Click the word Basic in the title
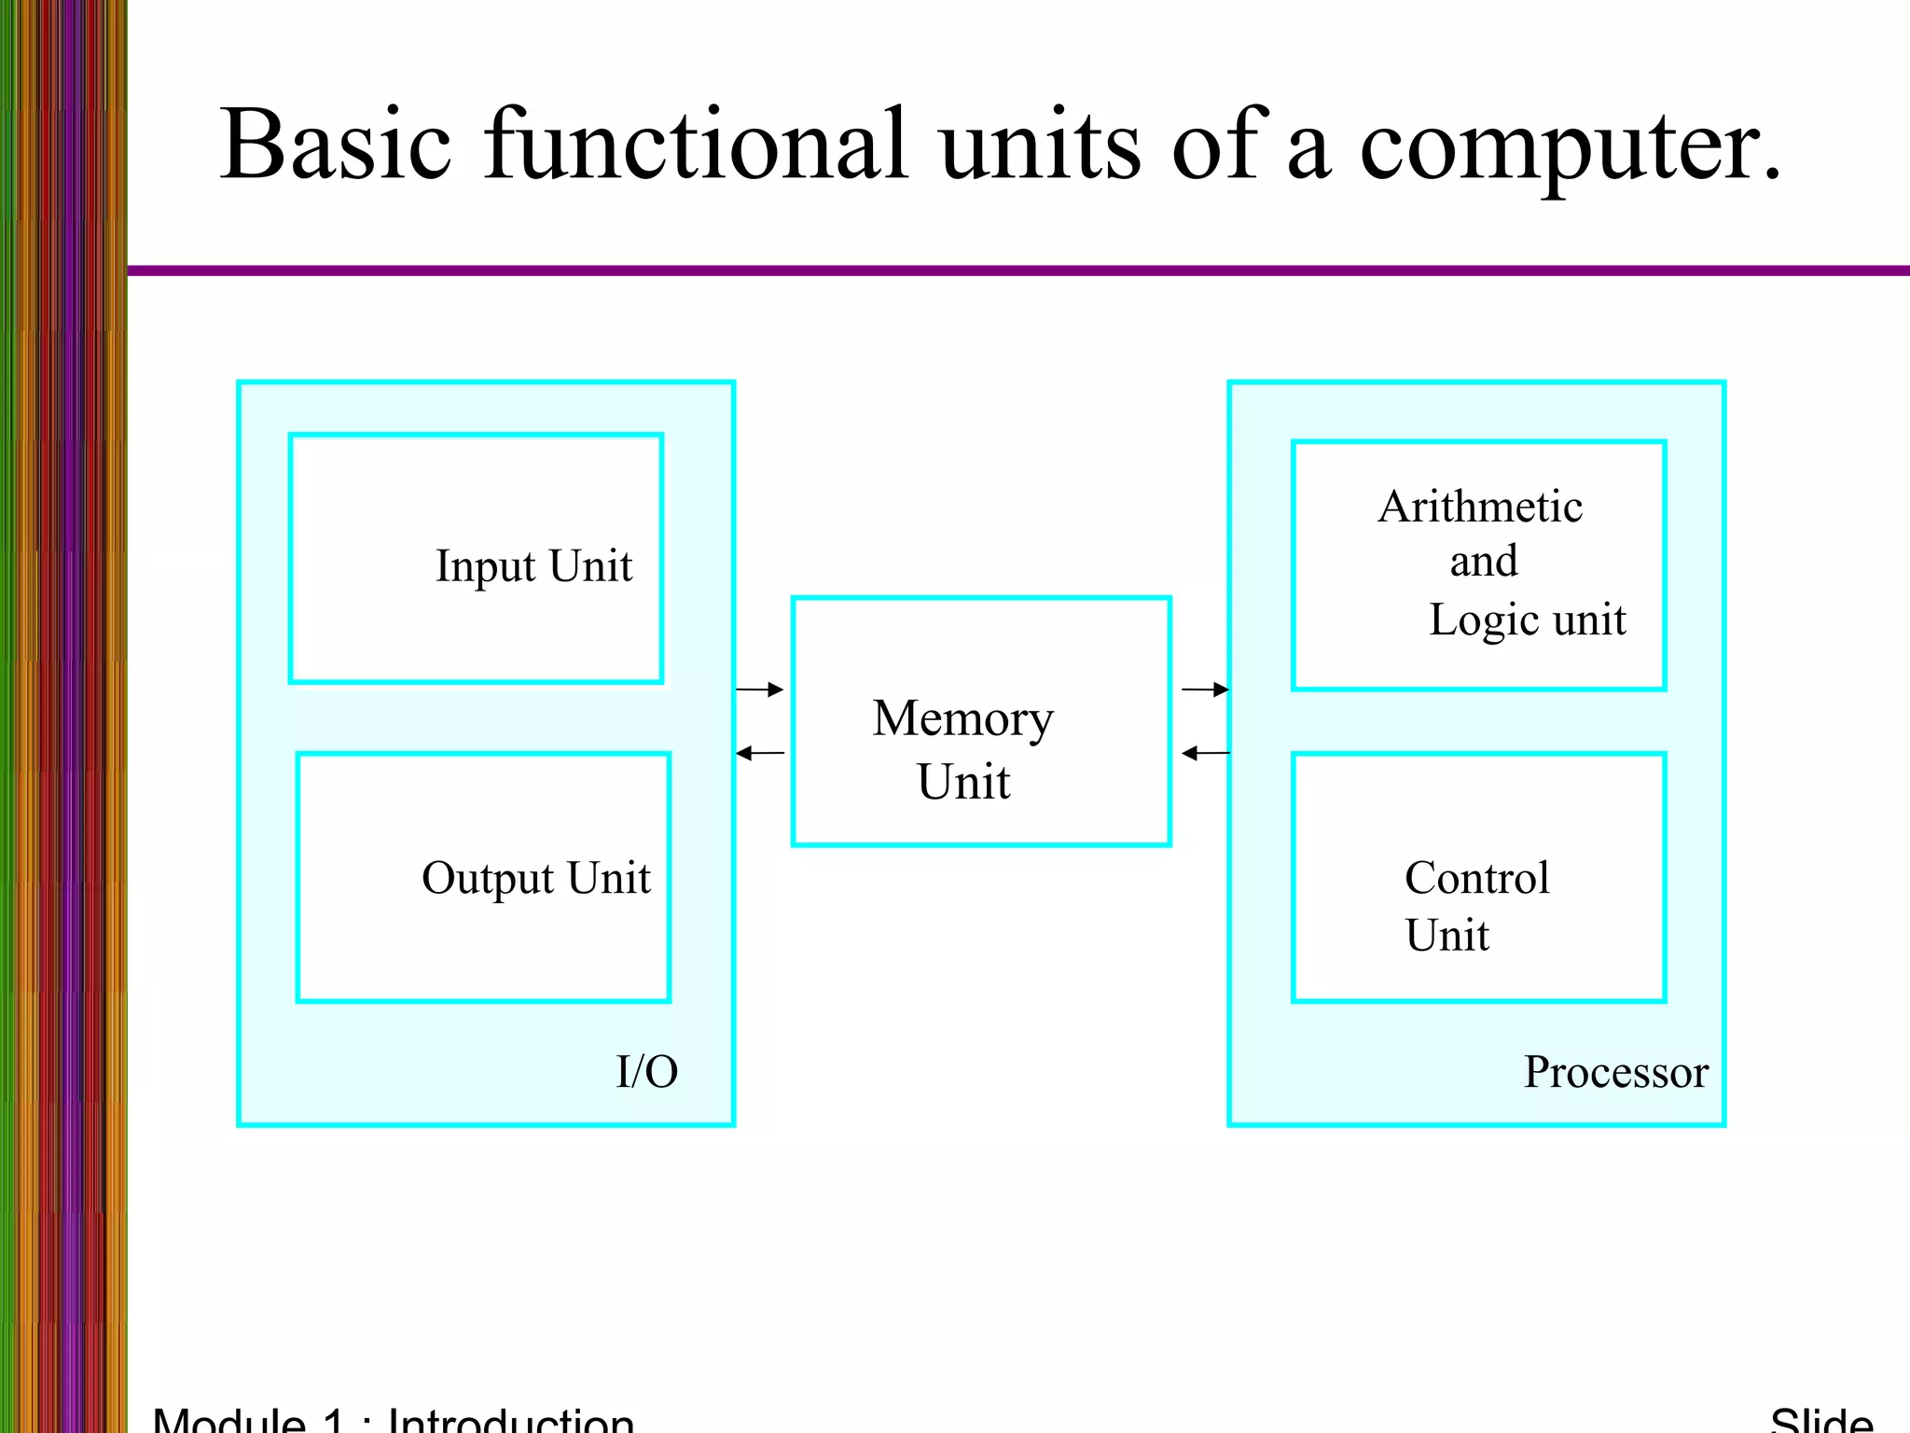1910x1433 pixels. [336, 145]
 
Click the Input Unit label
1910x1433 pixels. [533, 566]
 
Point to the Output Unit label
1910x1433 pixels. [535, 878]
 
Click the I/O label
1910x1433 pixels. [646, 1072]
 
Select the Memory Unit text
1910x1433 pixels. [963, 749]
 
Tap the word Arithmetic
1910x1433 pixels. [1480, 508]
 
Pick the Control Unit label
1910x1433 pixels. [1476, 905]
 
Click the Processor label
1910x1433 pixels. [1615, 1072]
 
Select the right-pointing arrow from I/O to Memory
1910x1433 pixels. [760, 689]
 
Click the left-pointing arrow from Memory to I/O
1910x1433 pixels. [760, 753]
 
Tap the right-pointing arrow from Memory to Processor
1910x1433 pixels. [1205, 689]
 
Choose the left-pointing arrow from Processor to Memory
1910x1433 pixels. [1205, 753]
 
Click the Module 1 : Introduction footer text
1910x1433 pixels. [393, 1419]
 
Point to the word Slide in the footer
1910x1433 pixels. [1820, 1420]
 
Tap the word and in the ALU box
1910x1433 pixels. [1483, 562]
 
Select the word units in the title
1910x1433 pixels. [1039, 145]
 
